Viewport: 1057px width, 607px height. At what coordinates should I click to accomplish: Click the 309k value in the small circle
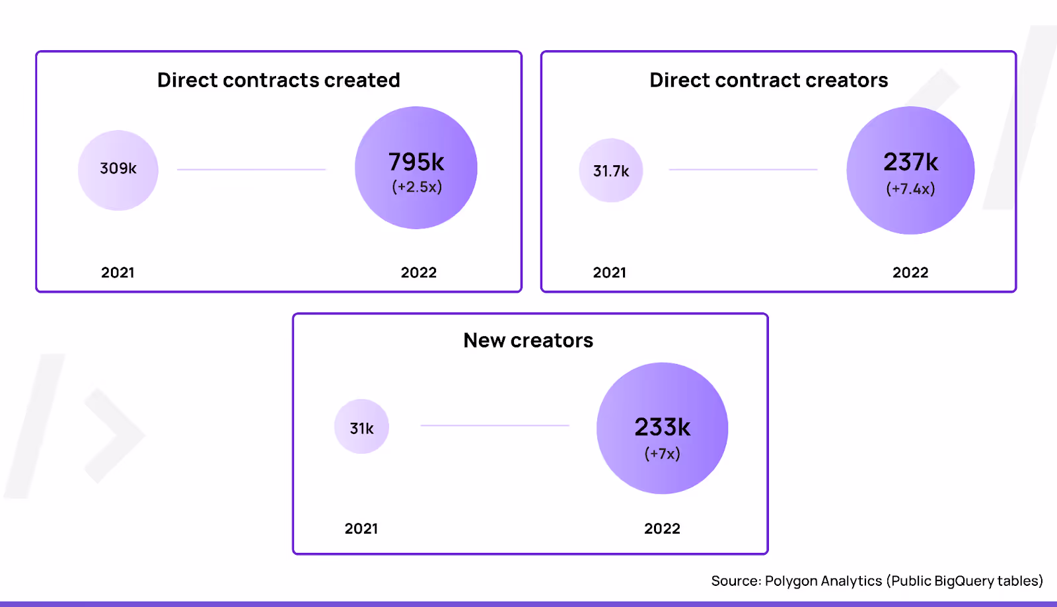pyautogui.click(x=118, y=168)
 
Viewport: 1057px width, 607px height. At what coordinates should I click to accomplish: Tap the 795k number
pyautogui.click(x=416, y=162)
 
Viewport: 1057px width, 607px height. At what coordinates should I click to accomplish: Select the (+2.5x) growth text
pyautogui.click(x=417, y=187)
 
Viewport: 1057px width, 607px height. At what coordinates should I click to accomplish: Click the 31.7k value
pyautogui.click(x=611, y=171)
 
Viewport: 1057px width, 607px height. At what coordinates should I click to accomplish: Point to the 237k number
pyautogui.click(x=910, y=162)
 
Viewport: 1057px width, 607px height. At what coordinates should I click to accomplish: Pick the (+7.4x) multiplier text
pyautogui.click(x=910, y=189)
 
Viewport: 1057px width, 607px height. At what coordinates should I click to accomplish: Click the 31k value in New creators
pyautogui.click(x=361, y=429)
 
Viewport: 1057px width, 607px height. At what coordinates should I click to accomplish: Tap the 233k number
pyautogui.click(x=662, y=427)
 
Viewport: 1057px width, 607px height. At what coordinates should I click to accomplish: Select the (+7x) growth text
pyautogui.click(x=662, y=454)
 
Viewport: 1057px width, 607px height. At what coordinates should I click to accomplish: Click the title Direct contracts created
pyautogui.click(x=278, y=80)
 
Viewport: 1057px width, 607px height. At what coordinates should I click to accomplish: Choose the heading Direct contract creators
pyautogui.click(x=768, y=80)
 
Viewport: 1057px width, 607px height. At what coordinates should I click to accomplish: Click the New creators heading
pyautogui.click(x=528, y=340)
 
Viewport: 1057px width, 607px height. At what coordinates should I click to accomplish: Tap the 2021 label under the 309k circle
pyautogui.click(x=118, y=273)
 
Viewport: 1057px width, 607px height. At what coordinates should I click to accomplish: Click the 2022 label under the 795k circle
pyautogui.click(x=418, y=273)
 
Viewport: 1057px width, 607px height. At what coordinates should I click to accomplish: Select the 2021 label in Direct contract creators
pyautogui.click(x=609, y=273)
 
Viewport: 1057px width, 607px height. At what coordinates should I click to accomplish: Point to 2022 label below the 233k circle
pyautogui.click(x=662, y=528)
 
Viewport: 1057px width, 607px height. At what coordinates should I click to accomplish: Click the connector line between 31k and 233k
pyautogui.click(x=494, y=425)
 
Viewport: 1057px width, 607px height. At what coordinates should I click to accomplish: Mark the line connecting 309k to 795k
pyautogui.click(x=251, y=170)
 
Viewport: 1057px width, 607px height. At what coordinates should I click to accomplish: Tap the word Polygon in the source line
pyautogui.click(x=790, y=581)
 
